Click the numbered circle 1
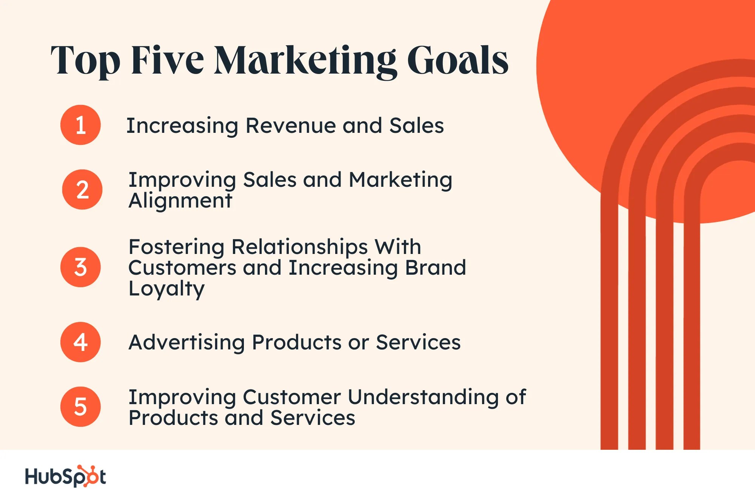[x=80, y=125]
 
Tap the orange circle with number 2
[x=82, y=189]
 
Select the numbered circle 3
[x=80, y=267]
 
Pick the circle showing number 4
[x=80, y=342]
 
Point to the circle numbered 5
[x=80, y=407]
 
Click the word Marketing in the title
[x=305, y=60]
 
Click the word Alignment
[x=180, y=200]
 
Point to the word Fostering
[x=176, y=247]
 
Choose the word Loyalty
[x=166, y=289]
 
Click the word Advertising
[x=186, y=343]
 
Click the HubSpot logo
[x=65, y=476]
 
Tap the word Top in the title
[x=85, y=60]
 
